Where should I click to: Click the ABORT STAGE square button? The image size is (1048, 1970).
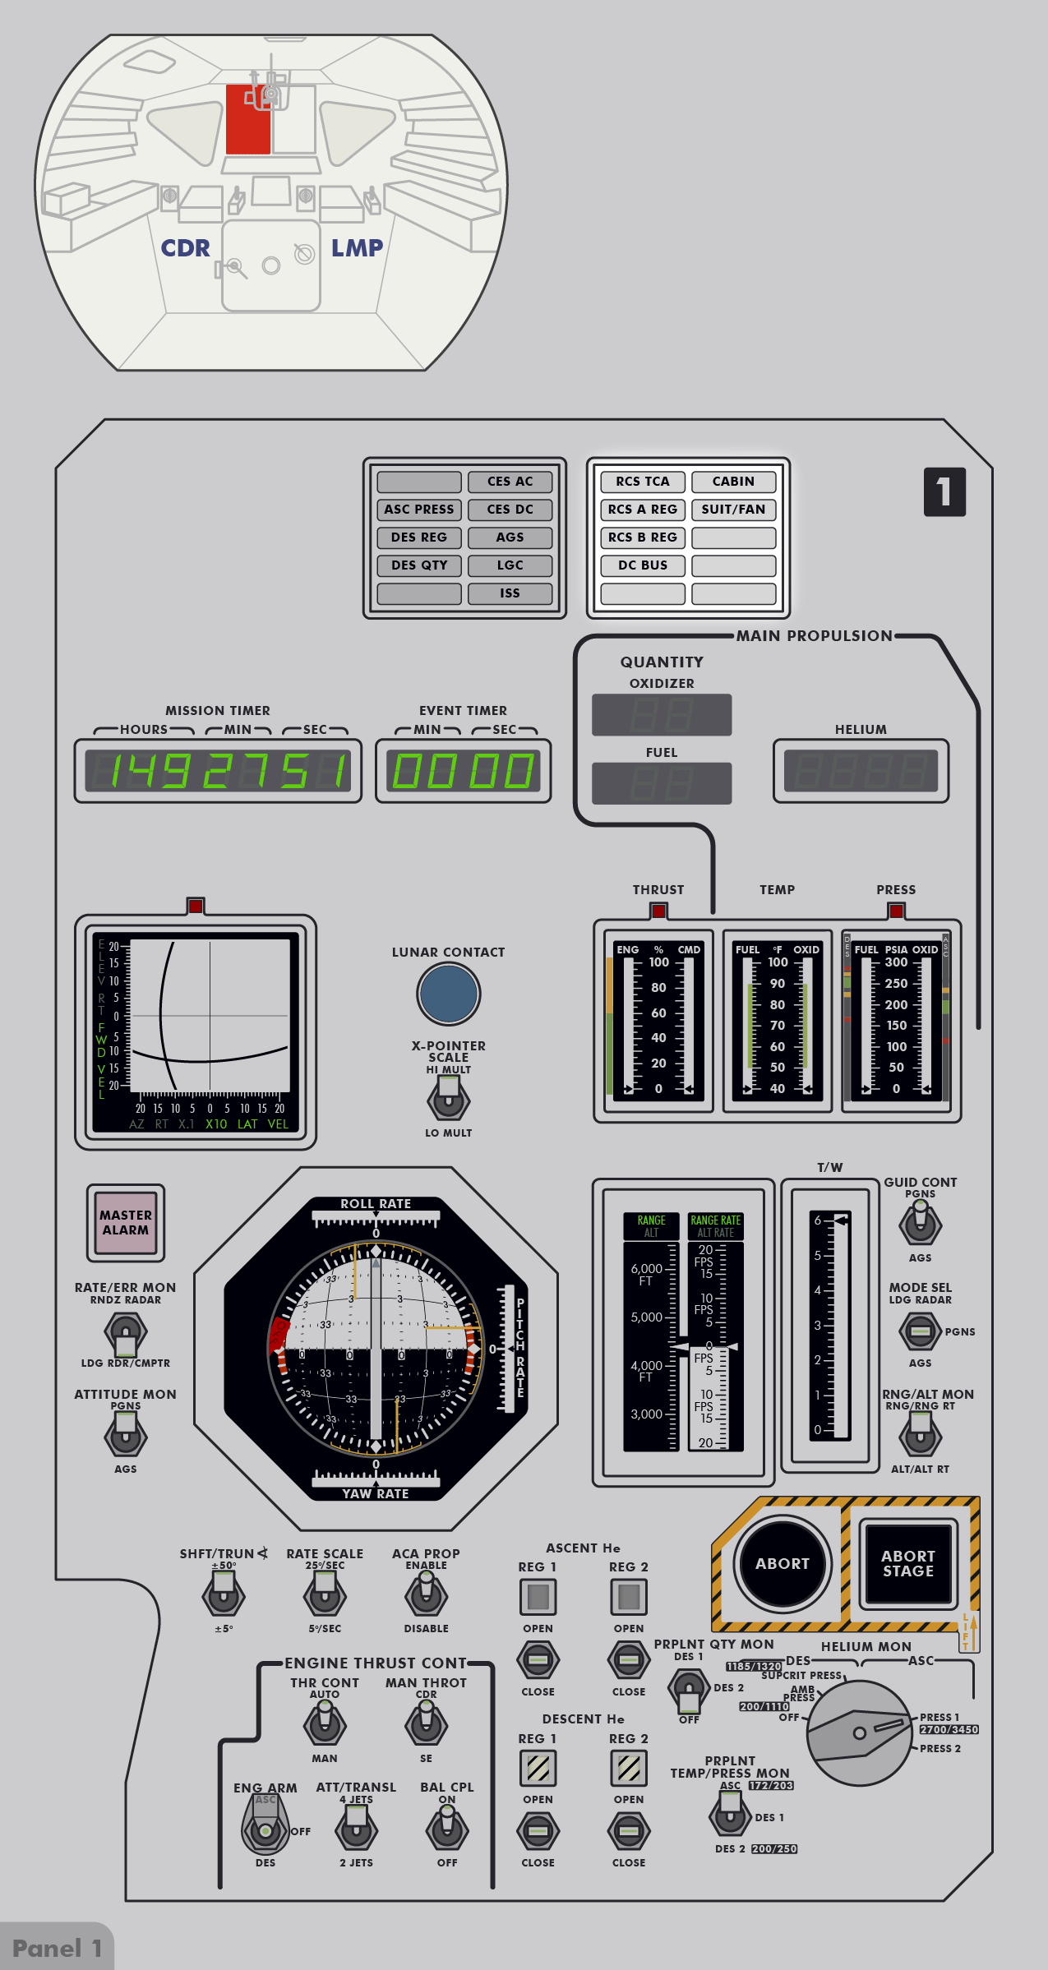click(x=907, y=1563)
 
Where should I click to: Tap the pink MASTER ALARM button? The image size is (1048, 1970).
click(x=126, y=1223)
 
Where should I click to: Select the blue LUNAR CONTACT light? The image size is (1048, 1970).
click(x=448, y=994)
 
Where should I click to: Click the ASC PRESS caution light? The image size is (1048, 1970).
click(x=419, y=510)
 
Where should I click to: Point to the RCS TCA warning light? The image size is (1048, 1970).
click(x=643, y=482)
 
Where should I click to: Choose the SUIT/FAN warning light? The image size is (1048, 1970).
click(x=733, y=510)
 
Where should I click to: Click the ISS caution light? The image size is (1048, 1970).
click(x=510, y=593)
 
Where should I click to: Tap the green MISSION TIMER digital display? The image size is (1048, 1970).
click(x=218, y=771)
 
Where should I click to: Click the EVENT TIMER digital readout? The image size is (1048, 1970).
click(x=463, y=771)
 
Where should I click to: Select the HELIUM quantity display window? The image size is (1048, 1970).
click(x=861, y=771)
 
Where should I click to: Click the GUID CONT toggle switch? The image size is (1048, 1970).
click(x=920, y=1223)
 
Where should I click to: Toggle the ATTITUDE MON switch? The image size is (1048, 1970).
click(x=125, y=1435)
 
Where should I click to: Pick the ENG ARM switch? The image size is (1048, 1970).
click(x=265, y=1828)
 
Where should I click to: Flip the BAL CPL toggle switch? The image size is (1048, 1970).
click(x=447, y=1828)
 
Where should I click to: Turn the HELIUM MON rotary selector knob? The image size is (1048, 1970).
click(x=859, y=1732)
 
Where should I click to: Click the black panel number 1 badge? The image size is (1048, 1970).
click(x=944, y=491)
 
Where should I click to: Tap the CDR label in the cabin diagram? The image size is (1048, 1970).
click(x=185, y=248)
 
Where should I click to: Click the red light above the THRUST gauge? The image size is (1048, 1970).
click(x=658, y=911)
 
